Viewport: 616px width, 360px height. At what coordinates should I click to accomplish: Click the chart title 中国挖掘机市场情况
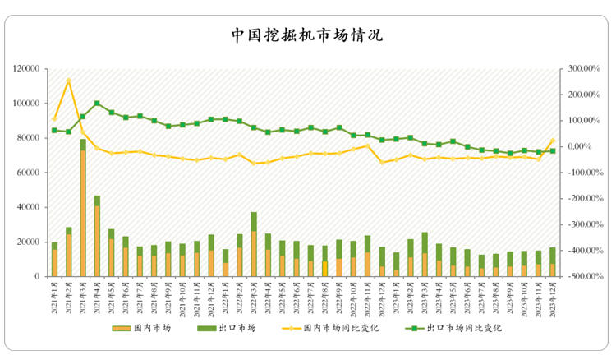click(306, 36)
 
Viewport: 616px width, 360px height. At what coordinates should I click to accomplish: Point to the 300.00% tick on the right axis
click(580, 68)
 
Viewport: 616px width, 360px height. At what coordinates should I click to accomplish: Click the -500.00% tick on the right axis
click(580, 277)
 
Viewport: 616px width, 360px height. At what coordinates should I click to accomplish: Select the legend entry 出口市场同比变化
click(455, 327)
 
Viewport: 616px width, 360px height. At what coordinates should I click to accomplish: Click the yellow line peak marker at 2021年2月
click(69, 81)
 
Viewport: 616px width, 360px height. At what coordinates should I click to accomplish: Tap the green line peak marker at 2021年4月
click(97, 104)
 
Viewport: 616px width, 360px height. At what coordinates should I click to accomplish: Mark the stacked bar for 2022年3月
click(254, 245)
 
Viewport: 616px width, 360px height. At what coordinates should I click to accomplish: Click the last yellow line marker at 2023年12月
click(553, 141)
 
